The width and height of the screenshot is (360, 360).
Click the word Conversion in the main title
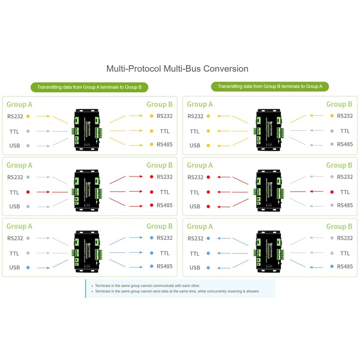[226, 69]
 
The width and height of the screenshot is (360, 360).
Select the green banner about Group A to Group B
[89, 87]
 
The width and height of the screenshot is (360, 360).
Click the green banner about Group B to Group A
[270, 86]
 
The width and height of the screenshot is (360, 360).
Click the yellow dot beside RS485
[152, 144]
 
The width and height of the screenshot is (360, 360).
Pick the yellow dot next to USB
[208, 145]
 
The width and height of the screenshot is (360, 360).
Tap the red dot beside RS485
[152, 206]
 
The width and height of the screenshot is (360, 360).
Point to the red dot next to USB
[208, 207]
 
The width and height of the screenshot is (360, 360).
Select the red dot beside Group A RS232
[208, 177]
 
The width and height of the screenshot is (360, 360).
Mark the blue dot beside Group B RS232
[152, 238]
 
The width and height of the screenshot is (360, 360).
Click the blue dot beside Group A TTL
[208, 253]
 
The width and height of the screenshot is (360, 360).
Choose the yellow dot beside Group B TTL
[152, 131]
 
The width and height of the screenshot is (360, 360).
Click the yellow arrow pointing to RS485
[135, 144]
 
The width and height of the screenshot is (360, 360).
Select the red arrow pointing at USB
[225, 206]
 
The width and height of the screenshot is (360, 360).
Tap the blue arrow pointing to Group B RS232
[135, 238]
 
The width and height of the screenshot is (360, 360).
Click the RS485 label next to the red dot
[165, 205]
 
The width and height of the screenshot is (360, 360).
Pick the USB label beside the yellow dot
[195, 145]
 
